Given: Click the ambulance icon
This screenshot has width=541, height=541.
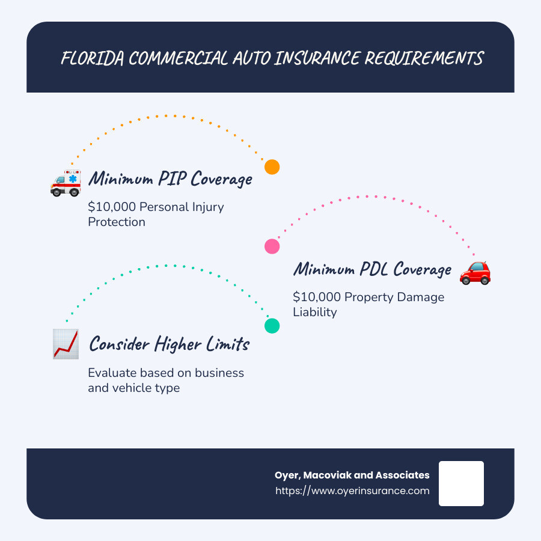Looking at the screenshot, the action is point(66,183).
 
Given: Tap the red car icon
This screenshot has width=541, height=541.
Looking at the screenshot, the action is point(475,273).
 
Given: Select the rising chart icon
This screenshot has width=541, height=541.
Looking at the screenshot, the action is point(66,344).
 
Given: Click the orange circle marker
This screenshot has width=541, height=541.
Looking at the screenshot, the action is point(272,167).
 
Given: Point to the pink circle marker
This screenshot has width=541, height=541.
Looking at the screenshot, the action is point(272,246).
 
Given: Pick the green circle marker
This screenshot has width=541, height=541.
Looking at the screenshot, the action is point(272,326).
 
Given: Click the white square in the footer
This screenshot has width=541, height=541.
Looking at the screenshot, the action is point(461,483).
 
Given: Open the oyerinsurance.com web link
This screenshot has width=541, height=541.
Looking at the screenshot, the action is point(352,491).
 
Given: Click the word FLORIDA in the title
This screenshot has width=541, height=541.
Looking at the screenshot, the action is point(93,58).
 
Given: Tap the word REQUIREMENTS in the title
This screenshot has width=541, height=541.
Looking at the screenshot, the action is point(424,58).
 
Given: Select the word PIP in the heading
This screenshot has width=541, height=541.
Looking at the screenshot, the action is point(173,179).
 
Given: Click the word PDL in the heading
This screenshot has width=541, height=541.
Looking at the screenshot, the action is point(374,269).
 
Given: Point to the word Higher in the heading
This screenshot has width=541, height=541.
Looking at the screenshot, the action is point(178,344).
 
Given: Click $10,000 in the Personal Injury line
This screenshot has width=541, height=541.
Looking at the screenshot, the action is point(112,207).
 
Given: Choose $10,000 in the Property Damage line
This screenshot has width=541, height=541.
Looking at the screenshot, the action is point(317,297).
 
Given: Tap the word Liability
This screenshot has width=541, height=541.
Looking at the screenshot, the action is point(314,312).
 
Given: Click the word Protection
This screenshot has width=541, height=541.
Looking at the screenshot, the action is point(117,222).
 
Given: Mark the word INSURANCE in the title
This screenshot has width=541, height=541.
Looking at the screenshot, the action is point(317,58).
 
